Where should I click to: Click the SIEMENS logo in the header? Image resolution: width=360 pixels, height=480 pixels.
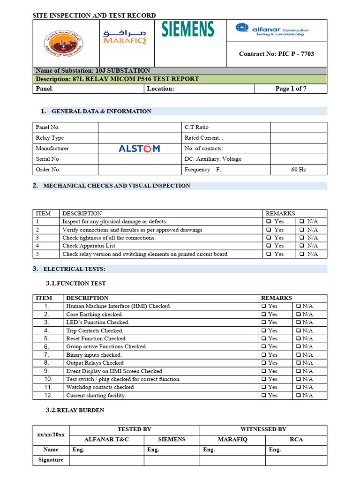pyautogui.click(x=188, y=29)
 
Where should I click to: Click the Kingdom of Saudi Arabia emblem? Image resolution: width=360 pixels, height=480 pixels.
pyautogui.click(x=62, y=43)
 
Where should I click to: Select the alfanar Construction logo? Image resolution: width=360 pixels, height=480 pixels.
pyautogui.click(x=272, y=30)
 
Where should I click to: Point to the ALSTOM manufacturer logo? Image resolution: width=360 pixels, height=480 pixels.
pyautogui.click(x=139, y=149)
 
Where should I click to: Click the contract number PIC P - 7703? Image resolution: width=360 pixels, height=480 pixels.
pyautogui.click(x=277, y=54)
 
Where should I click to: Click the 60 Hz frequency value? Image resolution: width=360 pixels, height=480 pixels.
pyautogui.click(x=299, y=170)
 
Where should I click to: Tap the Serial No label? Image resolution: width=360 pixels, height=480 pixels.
pyautogui.click(x=47, y=159)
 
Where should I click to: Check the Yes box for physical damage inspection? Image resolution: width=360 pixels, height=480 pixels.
pyautogui.click(x=269, y=222)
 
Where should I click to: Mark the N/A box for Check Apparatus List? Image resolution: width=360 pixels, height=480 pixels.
pyautogui.click(x=302, y=246)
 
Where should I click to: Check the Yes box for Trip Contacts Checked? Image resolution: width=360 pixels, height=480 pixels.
pyautogui.click(x=264, y=330)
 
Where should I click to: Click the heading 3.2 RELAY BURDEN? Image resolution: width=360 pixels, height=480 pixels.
pyautogui.click(x=75, y=410)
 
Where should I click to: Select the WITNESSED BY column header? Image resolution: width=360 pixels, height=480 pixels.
pyautogui.click(x=263, y=429)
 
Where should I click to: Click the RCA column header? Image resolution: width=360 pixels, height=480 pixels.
pyautogui.click(x=296, y=440)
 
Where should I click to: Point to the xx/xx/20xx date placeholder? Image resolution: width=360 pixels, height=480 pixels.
pyautogui.click(x=51, y=435)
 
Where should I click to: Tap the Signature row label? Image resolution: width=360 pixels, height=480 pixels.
pyautogui.click(x=51, y=460)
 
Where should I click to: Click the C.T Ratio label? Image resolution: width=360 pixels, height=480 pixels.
pyautogui.click(x=196, y=127)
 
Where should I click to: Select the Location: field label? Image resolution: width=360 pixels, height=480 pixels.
pyautogui.click(x=160, y=89)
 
